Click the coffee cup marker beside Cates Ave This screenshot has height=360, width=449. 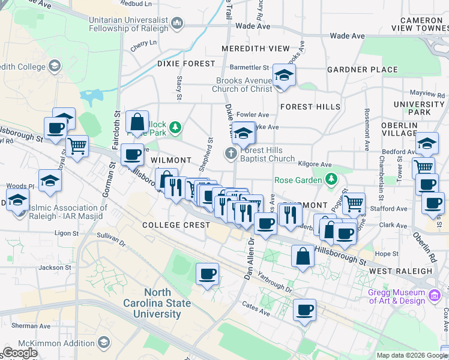pos(305,311)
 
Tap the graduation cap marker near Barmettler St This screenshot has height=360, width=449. pos(283,76)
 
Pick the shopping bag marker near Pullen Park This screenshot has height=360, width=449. pos(137,122)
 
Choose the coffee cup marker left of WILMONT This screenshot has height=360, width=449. pos(132,155)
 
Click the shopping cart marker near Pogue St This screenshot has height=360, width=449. pos(354,204)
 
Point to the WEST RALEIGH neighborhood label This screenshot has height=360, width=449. pos(400,271)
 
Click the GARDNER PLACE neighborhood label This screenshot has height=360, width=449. pos(363,70)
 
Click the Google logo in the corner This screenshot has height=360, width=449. pos(20,353)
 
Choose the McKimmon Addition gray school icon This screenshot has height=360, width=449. pos(103,343)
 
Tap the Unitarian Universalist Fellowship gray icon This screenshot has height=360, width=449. pos(177,24)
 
